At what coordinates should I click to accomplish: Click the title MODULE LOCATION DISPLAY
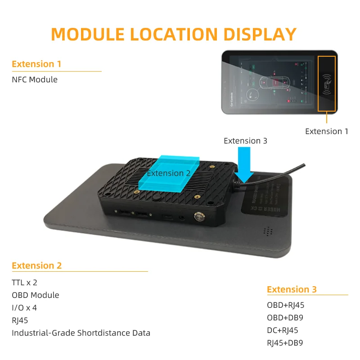click(174, 35)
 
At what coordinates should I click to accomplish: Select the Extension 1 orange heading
click(36, 64)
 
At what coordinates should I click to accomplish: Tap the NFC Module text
click(35, 80)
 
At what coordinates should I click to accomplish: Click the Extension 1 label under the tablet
click(327, 131)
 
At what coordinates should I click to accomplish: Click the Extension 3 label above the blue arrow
click(245, 141)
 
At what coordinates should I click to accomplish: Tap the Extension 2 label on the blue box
click(169, 173)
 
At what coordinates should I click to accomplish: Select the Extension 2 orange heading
click(37, 265)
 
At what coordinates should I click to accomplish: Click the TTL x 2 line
click(24, 283)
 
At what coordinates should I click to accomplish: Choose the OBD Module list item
click(36, 295)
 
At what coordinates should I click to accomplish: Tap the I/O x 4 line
click(24, 308)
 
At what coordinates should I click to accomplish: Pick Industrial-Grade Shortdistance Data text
click(81, 333)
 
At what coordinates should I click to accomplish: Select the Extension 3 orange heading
click(292, 289)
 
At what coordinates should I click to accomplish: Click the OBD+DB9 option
click(285, 318)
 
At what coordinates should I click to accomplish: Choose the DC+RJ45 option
click(283, 330)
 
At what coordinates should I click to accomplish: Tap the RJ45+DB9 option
click(285, 343)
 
